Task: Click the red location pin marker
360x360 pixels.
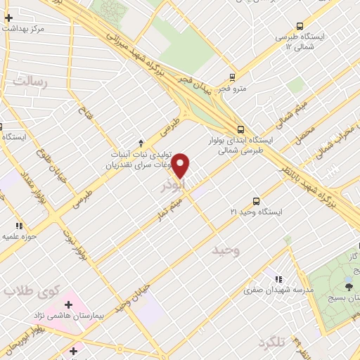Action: pyautogui.click(x=181, y=165)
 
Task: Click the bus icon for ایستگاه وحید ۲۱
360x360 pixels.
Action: pyautogui.click(x=255, y=181)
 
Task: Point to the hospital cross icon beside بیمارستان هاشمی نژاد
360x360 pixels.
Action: pyautogui.click(x=68, y=305)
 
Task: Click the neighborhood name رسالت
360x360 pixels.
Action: pyautogui.click(x=28, y=82)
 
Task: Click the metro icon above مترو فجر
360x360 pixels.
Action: pyautogui.click(x=233, y=77)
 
